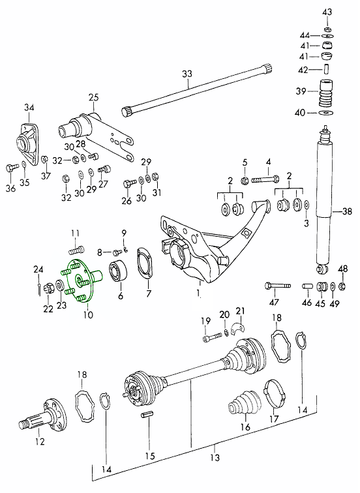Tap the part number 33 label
(x=187, y=74)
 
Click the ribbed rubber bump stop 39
(x=327, y=93)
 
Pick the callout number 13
(x=215, y=457)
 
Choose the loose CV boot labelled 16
(x=245, y=404)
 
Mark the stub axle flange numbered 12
(x=42, y=415)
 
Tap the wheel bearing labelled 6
(x=118, y=270)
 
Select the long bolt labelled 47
(x=278, y=286)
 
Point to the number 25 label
(x=93, y=97)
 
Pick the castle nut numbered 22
(x=48, y=288)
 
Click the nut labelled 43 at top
(x=327, y=29)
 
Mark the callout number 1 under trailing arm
(x=198, y=293)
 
